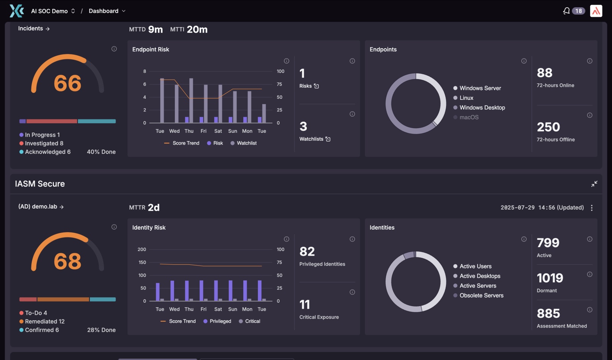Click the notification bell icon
tap(566, 11)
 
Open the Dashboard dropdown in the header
tap(107, 11)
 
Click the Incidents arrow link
tap(34, 28)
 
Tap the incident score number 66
tap(67, 83)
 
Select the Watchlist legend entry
tap(243, 143)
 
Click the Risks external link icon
tap(316, 86)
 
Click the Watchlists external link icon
tap(328, 139)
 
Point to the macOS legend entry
tap(466, 117)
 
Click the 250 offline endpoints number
tap(549, 127)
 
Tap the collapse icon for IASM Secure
tap(594, 184)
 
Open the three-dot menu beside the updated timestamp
tap(591, 208)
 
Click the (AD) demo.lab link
tap(41, 207)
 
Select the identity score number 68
tap(67, 261)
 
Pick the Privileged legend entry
tap(217, 321)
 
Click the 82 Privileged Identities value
tap(307, 251)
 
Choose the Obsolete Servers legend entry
tap(479, 295)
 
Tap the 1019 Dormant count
tap(550, 278)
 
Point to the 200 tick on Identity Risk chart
tap(142, 249)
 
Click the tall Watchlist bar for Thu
tap(191, 101)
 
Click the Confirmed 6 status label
tap(39, 330)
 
